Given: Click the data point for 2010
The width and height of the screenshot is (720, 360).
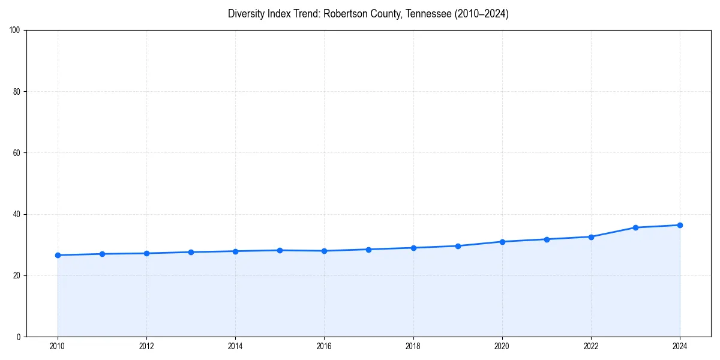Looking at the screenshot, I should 58,255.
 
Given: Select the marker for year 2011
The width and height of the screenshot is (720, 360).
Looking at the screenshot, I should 102,254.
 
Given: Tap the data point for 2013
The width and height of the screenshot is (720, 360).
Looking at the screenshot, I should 191,252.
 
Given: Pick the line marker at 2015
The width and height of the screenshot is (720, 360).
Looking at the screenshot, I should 280,250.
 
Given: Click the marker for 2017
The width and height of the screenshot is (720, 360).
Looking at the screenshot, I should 368,250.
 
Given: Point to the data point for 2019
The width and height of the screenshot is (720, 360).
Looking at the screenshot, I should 458,246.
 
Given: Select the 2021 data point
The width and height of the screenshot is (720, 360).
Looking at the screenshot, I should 547,239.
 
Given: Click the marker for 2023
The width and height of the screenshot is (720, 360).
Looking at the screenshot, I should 635,227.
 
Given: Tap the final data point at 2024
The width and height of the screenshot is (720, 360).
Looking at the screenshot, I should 680,225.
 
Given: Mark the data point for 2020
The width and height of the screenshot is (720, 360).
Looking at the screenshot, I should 502,242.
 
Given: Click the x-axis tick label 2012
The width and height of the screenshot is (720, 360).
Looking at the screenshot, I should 146,346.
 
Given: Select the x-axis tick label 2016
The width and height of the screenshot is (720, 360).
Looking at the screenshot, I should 324,346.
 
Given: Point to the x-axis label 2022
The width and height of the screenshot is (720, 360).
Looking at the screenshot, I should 591,346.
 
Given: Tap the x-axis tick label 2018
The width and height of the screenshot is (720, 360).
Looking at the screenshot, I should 413,346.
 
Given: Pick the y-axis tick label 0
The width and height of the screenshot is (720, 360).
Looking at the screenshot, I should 19,337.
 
